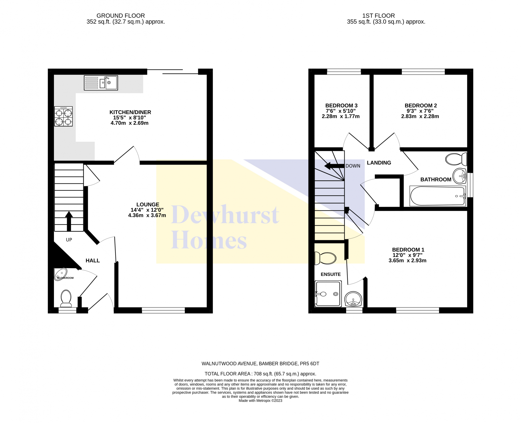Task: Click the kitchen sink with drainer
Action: click(x=101, y=83)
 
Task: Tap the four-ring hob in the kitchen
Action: click(x=63, y=117)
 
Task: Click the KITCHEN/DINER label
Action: click(x=130, y=112)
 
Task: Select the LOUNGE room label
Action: click(x=148, y=205)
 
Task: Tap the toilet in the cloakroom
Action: click(x=66, y=298)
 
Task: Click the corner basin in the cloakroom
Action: click(x=60, y=274)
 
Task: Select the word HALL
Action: click(x=93, y=261)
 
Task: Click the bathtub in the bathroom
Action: click(x=438, y=196)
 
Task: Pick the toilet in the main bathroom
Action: click(x=456, y=159)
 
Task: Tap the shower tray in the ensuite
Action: click(x=328, y=294)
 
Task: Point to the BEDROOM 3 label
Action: click(x=341, y=106)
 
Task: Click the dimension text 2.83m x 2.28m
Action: click(x=420, y=117)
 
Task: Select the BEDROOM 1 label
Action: click(x=408, y=250)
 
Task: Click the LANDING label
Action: click(x=379, y=163)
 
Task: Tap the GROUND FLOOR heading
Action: click(x=121, y=16)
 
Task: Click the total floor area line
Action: click(x=260, y=374)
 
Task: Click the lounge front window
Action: click(x=163, y=310)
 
